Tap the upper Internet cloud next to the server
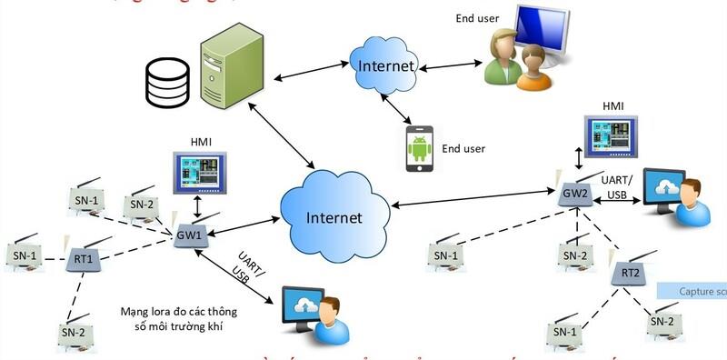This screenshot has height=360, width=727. coord(383,65)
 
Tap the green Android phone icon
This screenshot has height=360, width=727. coord(417,148)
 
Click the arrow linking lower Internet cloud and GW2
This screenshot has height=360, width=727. coord(473,202)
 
